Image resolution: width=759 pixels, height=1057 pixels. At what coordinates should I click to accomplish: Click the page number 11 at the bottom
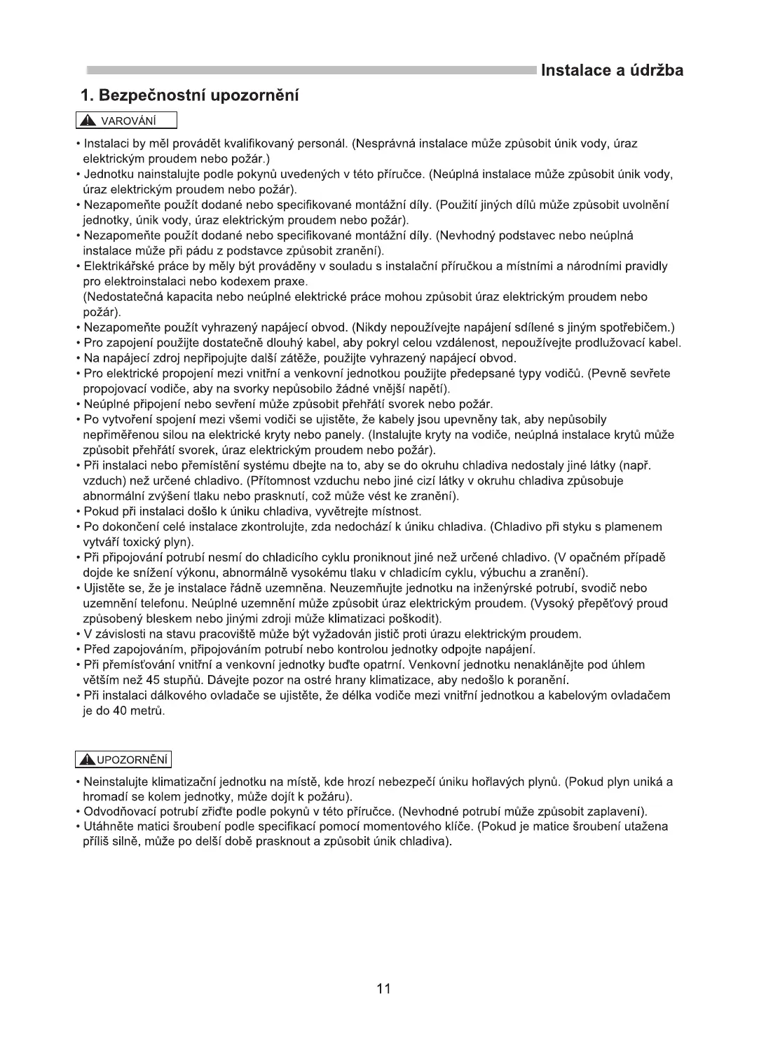(x=383, y=988)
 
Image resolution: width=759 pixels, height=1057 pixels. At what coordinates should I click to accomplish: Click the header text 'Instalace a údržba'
(x=612, y=70)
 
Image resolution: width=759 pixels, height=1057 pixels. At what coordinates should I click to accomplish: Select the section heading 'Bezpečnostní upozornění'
(x=199, y=95)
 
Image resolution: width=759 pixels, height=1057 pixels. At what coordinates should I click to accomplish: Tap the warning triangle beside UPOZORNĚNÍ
(x=88, y=759)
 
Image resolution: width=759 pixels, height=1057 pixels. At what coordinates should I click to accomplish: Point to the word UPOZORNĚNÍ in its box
(x=132, y=759)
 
